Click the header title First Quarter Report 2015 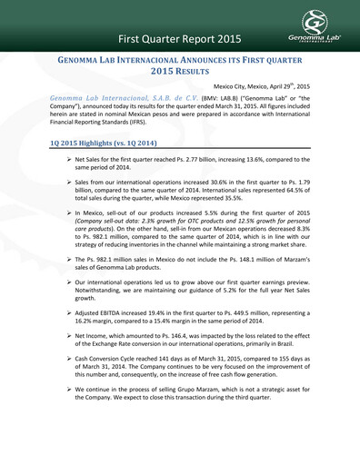(184, 40)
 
